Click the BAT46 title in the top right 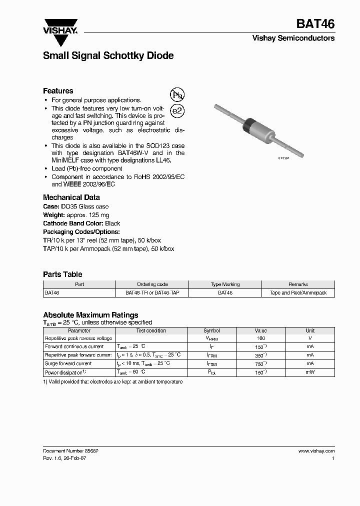315,24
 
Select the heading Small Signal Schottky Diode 108,56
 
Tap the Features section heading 58,91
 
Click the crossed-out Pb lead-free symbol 177,95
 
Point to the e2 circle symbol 177,111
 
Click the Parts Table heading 62,274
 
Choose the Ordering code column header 152,284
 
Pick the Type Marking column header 225,284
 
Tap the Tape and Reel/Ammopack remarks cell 298,292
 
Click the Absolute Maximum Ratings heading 90,315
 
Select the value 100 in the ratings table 260,338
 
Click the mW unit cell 310,372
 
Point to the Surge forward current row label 68,363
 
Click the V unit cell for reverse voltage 310,338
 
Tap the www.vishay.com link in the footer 316,450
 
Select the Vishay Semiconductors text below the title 293,38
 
